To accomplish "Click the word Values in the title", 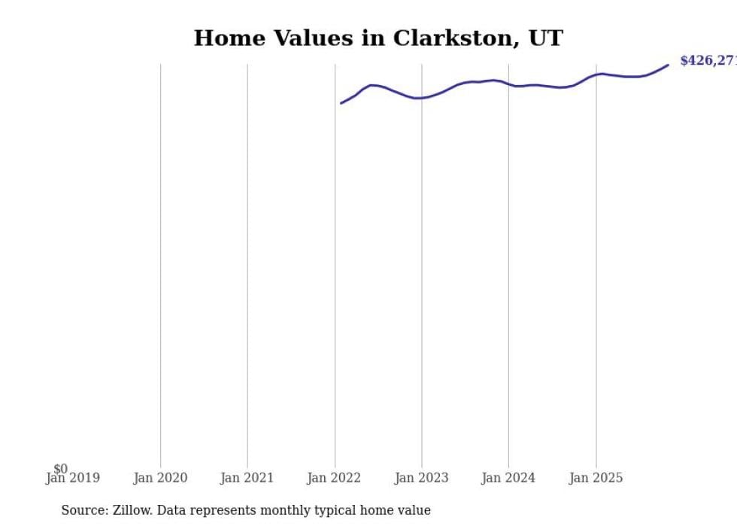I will point(309,38).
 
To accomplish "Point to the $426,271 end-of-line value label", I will point(708,61).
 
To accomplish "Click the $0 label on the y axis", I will point(60,469).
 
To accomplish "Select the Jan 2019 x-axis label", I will point(73,478).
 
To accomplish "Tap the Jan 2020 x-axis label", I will point(160,478).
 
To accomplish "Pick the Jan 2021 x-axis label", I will point(247,478).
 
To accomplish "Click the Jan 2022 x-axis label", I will point(334,478).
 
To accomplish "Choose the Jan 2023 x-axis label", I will point(421,478).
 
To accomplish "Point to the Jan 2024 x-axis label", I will point(508,478).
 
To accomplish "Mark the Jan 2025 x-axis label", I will point(596,478).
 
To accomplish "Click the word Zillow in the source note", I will point(132,510).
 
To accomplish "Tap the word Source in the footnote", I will point(83,510).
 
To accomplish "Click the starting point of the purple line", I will point(341,103).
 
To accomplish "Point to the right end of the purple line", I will point(668,65).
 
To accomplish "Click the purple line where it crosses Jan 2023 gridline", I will point(421,98).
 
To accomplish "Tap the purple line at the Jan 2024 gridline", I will point(508,84).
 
